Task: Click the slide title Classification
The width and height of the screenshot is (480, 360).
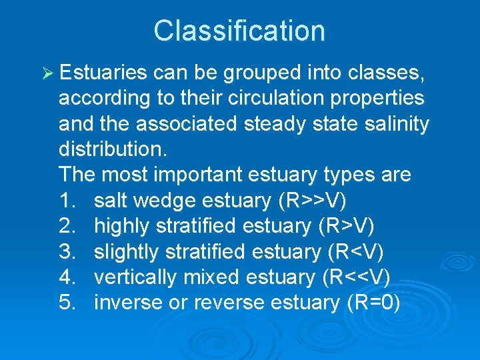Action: (x=239, y=31)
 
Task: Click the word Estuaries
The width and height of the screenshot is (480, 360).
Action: (x=103, y=73)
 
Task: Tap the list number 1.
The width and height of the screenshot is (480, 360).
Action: (x=67, y=201)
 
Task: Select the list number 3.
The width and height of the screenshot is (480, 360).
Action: (x=67, y=252)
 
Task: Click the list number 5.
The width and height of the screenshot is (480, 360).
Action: (x=67, y=303)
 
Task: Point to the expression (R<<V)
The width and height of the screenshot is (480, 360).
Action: (x=356, y=277)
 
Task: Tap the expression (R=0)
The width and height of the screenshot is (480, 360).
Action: (x=373, y=303)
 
